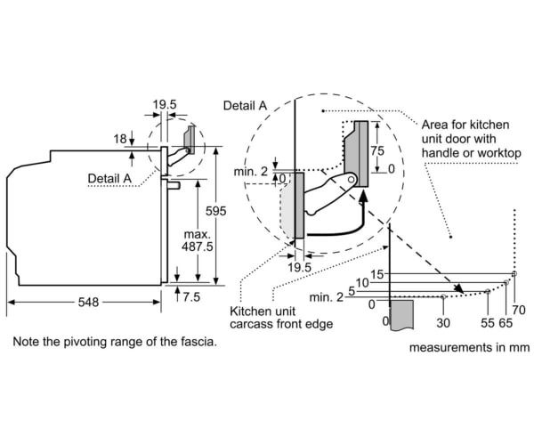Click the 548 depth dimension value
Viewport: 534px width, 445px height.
tap(87, 303)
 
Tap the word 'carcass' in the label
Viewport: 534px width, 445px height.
tap(255, 325)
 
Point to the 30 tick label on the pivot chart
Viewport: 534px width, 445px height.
tap(443, 321)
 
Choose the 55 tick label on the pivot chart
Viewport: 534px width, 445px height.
tap(488, 321)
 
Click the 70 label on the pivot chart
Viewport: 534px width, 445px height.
tap(520, 309)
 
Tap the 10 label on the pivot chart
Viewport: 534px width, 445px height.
tap(363, 282)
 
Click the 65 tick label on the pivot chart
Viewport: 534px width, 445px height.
tap(506, 321)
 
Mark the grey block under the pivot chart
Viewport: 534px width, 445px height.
tap(403, 317)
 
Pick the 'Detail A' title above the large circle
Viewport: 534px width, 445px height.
tap(245, 106)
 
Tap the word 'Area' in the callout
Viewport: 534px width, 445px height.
tap(433, 125)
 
